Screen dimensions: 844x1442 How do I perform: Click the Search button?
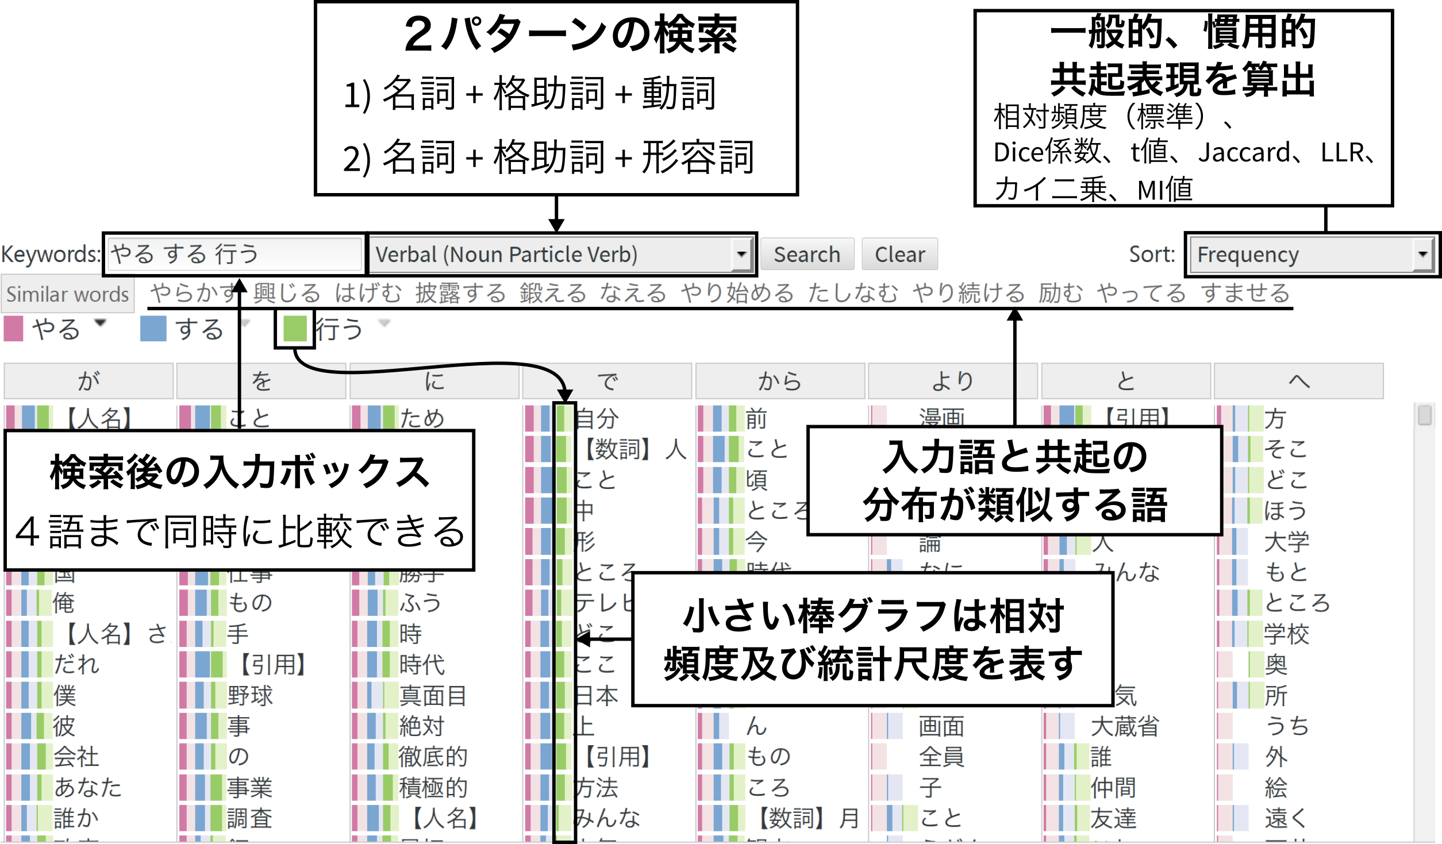click(x=806, y=254)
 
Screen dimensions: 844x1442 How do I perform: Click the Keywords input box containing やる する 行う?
click(x=234, y=254)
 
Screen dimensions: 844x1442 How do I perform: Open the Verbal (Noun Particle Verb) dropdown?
click(x=561, y=254)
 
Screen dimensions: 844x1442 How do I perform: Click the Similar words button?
click(x=67, y=294)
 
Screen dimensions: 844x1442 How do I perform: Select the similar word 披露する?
click(x=460, y=293)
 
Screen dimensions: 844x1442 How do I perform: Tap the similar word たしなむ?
click(x=852, y=293)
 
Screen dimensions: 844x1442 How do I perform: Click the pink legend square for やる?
click(x=13, y=329)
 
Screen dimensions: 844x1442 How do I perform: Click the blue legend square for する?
click(x=153, y=329)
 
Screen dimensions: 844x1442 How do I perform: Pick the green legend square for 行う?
click(x=294, y=329)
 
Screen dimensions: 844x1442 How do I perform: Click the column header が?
click(x=89, y=381)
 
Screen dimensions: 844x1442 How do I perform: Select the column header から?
click(x=779, y=381)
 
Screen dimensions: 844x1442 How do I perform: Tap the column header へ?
click(x=1298, y=381)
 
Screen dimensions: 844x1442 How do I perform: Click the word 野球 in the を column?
click(x=250, y=696)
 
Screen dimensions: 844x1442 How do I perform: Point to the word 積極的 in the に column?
click(x=433, y=788)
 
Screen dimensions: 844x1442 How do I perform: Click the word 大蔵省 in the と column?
click(x=1125, y=727)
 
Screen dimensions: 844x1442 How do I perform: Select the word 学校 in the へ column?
click(x=1286, y=634)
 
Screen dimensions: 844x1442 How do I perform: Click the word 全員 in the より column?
click(x=941, y=757)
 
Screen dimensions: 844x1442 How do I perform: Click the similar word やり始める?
click(x=737, y=293)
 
